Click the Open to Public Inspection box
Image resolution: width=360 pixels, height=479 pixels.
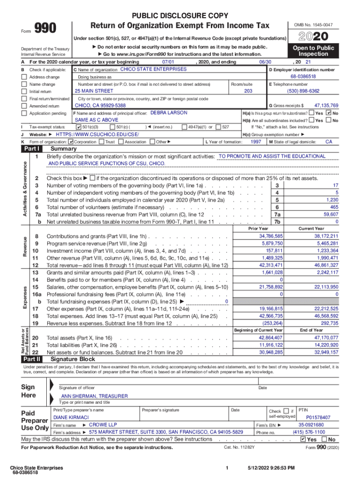(313, 51)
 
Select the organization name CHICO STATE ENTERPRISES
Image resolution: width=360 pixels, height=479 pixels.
(153, 69)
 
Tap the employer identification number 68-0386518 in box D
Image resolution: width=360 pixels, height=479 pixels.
(303, 76)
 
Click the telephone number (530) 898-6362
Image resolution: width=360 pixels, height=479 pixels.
(303, 91)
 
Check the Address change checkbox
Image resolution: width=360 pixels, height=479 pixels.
(24, 77)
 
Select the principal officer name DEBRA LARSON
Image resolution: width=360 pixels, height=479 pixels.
(169, 113)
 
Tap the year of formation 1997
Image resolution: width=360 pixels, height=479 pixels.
(256, 141)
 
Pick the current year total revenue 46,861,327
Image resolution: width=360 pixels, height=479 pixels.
(326, 265)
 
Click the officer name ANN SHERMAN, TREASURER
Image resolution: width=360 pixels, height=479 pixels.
(94, 396)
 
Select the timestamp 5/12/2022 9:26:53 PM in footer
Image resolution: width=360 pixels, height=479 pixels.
(271, 468)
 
